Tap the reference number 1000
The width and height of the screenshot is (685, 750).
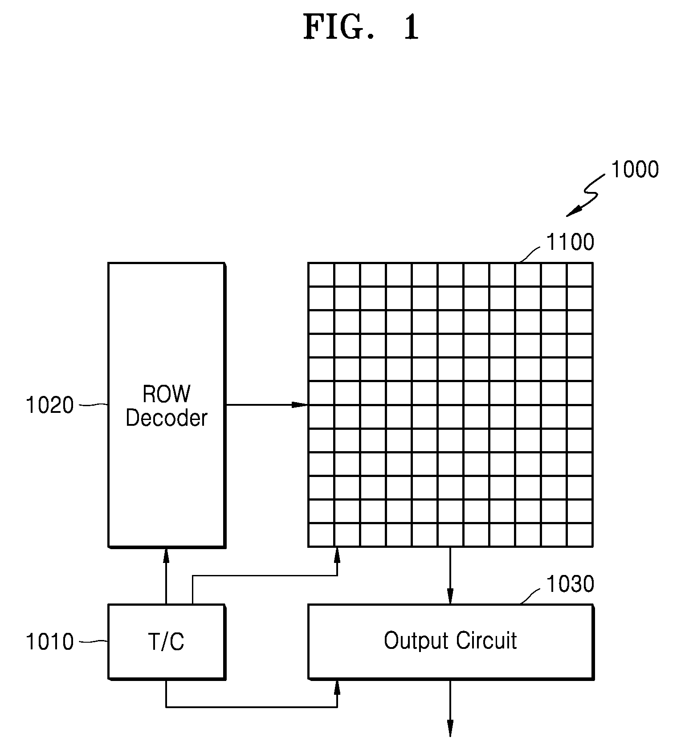pos(635,170)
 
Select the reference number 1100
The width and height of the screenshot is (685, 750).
pos(570,242)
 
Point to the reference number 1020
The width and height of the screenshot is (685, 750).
pos(50,405)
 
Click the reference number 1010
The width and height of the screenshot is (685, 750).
pos(50,642)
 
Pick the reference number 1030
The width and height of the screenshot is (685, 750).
pos(570,583)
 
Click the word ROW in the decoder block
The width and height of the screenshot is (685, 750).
pos(167,394)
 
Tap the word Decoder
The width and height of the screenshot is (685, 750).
pos(167,418)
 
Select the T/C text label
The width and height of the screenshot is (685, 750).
pos(166,642)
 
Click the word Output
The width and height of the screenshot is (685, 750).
pos(416,641)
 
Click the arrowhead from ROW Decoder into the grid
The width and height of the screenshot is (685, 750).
pos(300,405)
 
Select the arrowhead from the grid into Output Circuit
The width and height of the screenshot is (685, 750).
pos(450,596)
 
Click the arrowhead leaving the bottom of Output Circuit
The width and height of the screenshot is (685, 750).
pos(450,729)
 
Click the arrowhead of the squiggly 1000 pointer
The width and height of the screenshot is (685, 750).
pos(574,212)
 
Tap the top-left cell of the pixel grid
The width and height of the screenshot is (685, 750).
pos(321,275)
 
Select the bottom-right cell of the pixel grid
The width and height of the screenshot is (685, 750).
pos(580,535)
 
